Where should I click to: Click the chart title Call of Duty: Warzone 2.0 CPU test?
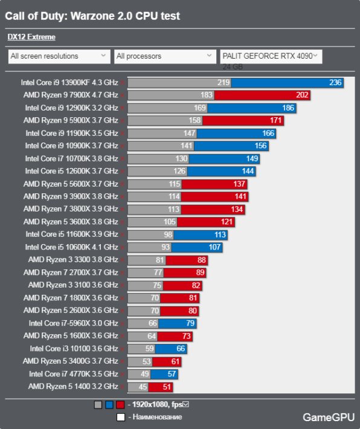click(x=92, y=16)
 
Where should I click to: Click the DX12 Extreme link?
click(x=31, y=37)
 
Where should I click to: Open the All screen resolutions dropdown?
click(x=59, y=56)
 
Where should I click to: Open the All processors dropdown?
click(x=165, y=56)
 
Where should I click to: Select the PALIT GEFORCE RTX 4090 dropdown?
click(x=271, y=56)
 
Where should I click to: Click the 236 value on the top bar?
click(x=335, y=83)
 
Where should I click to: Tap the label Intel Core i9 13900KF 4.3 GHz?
click(x=69, y=83)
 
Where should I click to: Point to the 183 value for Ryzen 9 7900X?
click(x=206, y=95)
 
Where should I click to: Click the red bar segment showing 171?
click(x=243, y=121)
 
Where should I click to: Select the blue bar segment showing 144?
click(x=221, y=171)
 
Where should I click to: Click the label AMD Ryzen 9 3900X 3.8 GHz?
click(x=71, y=196)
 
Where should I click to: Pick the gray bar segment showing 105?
click(x=152, y=222)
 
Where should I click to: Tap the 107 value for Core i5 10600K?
click(x=214, y=247)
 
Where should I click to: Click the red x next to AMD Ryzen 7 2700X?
click(x=122, y=273)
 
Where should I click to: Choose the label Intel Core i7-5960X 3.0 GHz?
click(x=74, y=323)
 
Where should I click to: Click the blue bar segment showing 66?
click(x=171, y=349)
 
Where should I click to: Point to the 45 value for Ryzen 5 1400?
click(x=143, y=387)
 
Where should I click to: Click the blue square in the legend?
click(x=109, y=405)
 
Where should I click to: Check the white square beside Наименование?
click(x=121, y=418)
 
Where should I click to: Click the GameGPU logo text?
click(x=329, y=418)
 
